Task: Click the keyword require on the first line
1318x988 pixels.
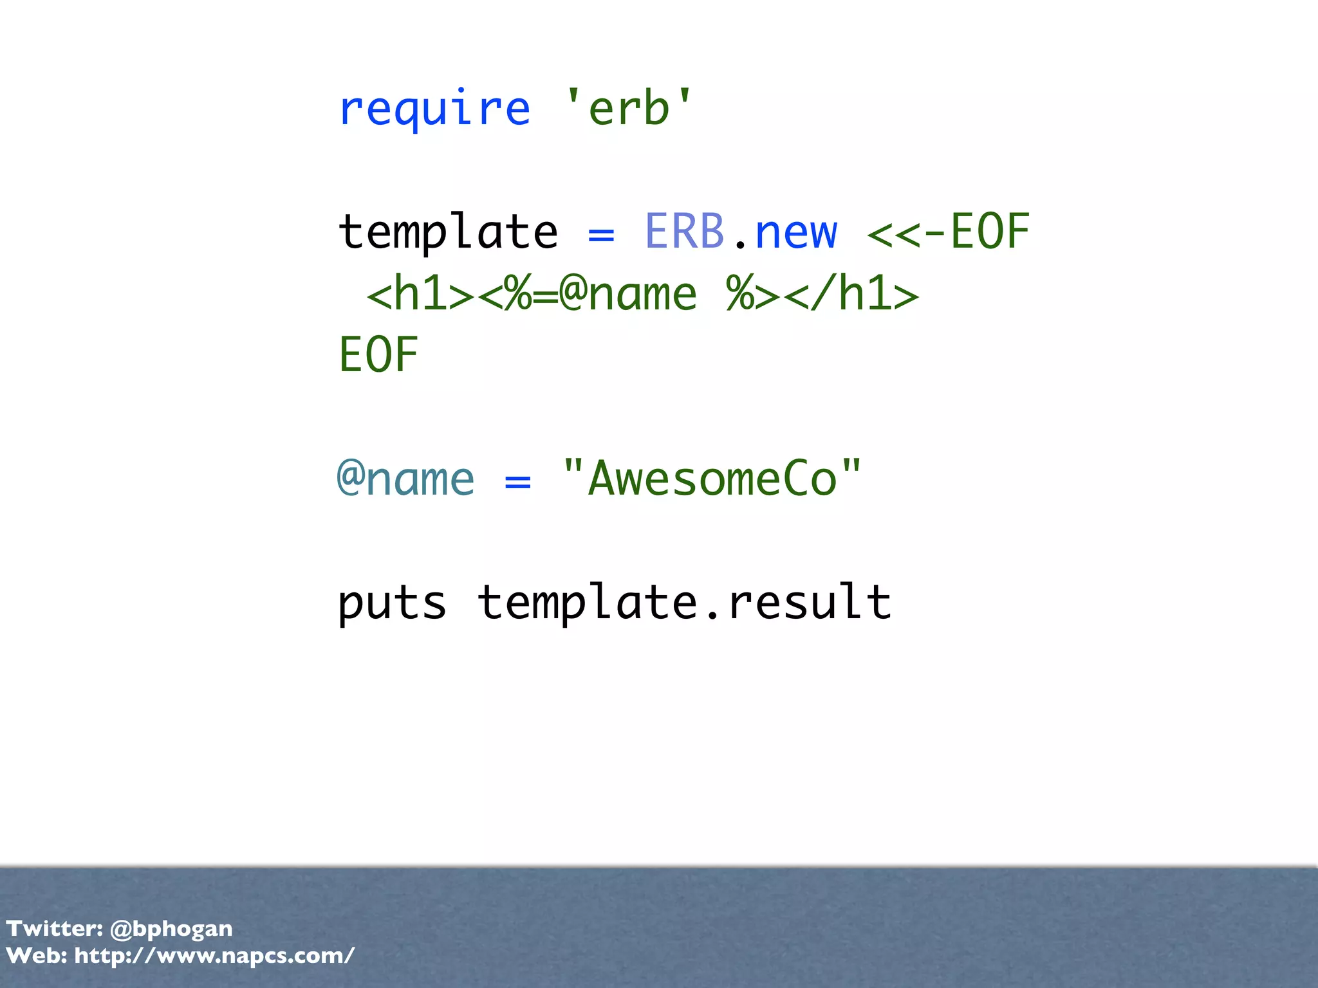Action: click(x=434, y=109)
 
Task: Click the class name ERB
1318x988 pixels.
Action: click(x=684, y=232)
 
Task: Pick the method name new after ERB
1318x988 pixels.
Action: click(x=796, y=233)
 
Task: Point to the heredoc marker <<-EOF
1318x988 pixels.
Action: click(x=948, y=232)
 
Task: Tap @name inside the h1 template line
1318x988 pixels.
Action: click(x=628, y=295)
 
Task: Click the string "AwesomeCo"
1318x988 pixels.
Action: click(x=711, y=479)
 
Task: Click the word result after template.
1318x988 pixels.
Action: click(x=809, y=603)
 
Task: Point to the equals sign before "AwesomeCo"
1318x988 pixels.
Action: click(x=518, y=482)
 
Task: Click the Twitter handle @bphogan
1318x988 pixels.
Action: click(x=171, y=929)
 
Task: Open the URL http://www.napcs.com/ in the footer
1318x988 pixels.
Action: click(x=214, y=956)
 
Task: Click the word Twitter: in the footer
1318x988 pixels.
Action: click(x=55, y=929)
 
